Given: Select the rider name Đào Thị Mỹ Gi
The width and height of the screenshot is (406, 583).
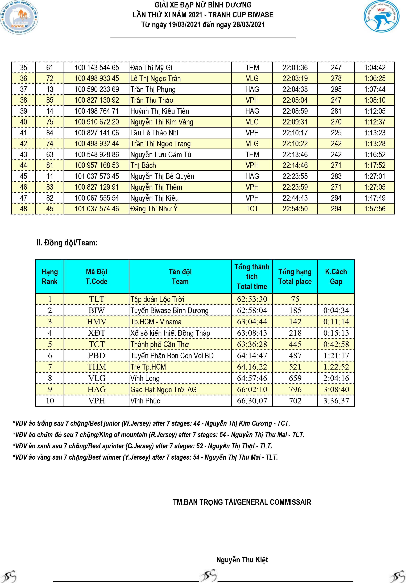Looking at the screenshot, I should (151, 68).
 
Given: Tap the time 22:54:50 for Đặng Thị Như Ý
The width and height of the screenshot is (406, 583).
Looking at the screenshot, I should (295, 209).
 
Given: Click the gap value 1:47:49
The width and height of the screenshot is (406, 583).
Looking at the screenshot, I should (375, 198).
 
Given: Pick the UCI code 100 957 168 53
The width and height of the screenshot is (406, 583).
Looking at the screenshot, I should (97, 165).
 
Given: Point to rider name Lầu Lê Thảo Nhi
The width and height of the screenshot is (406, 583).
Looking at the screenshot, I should (154, 133).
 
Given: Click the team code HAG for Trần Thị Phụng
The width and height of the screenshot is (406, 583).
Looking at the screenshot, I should (252, 89).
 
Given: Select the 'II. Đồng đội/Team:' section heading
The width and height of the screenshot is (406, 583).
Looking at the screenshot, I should (67, 243).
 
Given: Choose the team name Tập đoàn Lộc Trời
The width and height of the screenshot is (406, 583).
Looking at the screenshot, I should (157, 299).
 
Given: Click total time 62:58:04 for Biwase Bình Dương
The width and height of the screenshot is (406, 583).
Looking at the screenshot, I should (252, 310).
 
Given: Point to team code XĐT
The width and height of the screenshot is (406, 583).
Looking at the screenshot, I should (96, 333).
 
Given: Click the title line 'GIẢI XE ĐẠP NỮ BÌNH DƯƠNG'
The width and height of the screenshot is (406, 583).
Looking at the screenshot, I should (203, 5).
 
